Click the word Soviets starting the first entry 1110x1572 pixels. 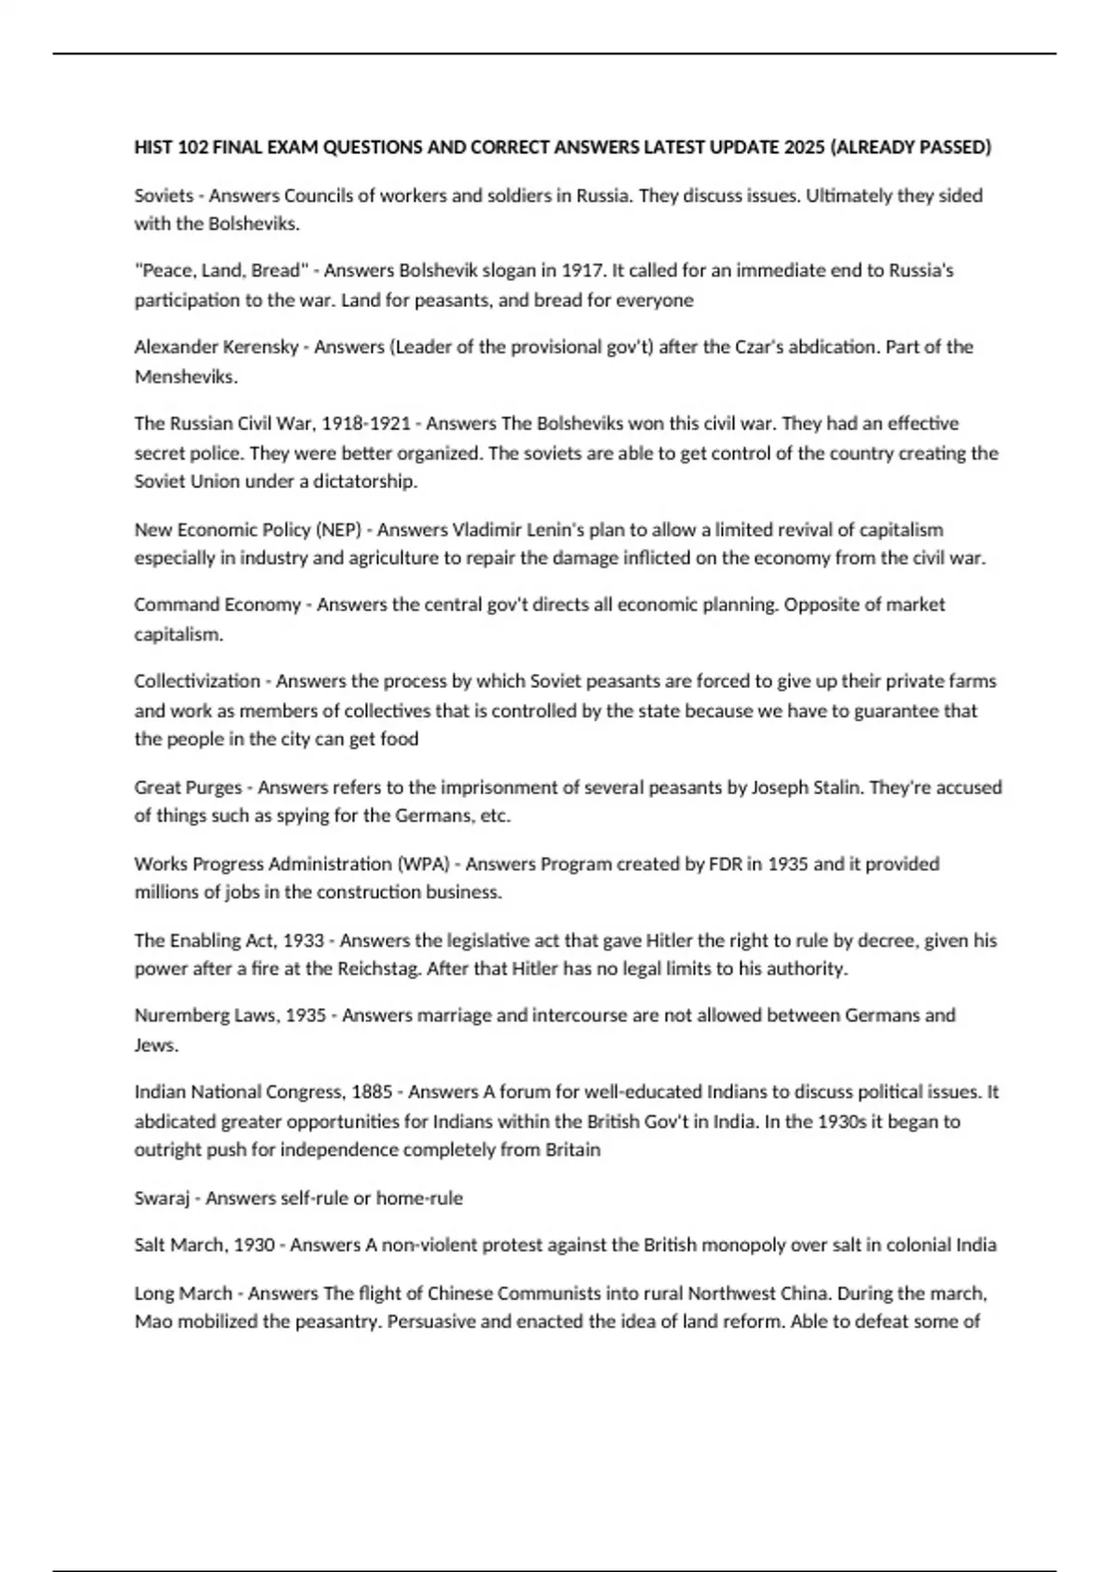coord(164,196)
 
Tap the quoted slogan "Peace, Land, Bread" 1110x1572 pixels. coord(221,271)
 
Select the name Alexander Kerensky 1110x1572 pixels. coord(216,348)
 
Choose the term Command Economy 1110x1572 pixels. coord(217,605)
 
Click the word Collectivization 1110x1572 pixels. coord(197,682)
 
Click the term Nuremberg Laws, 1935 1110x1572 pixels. coord(230,1015)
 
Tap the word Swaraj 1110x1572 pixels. coord(162,1198)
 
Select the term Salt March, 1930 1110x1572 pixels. coord(204,1246)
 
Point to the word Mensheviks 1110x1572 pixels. coord(184,377)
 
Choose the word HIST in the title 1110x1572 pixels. coord(153,148)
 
